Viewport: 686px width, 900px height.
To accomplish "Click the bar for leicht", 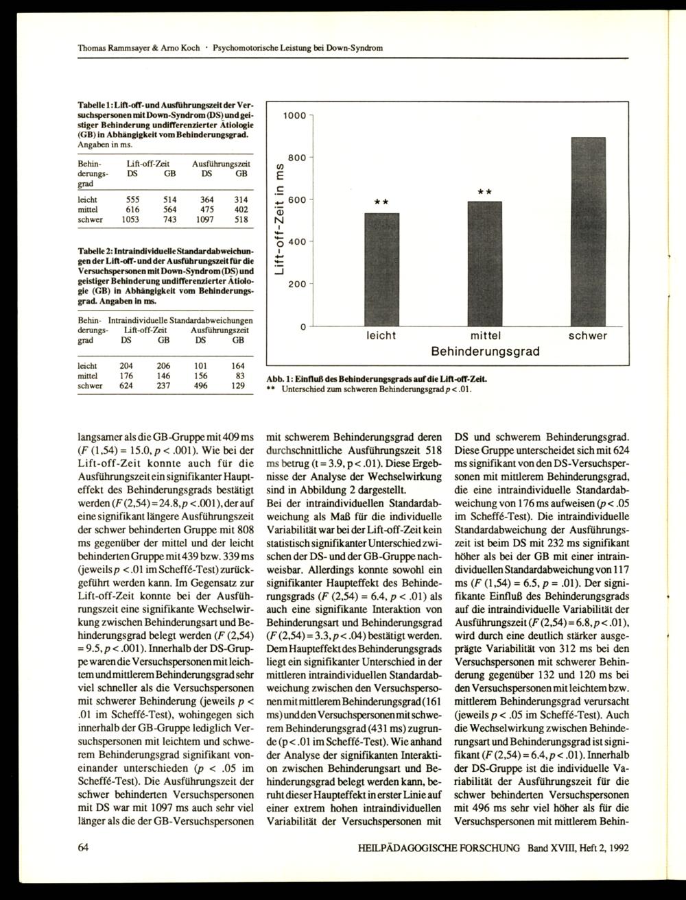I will click(x=381, y=269).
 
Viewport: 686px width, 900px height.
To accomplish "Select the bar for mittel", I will click(x=485, y=263).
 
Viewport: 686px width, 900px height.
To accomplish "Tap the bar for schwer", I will click(x=589, y=231).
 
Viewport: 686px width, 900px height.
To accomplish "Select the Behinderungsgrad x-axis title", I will click(x=485, y=352).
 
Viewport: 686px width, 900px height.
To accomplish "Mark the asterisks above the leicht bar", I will click(x=381, y=202).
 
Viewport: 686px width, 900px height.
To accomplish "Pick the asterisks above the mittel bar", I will click(x=485, y=191).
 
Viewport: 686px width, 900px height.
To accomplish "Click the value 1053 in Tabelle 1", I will click(x=131, y=220).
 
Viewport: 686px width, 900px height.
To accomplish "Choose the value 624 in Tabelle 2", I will click(x=127, y=386).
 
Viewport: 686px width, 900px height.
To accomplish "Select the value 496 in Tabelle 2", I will click(x=200, y=386).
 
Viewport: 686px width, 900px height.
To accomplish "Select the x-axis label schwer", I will click(x=588, y=336).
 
